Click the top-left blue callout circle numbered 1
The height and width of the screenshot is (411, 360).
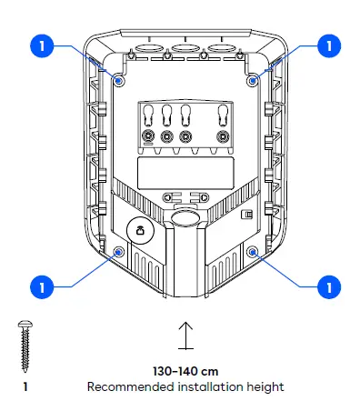click(x=41, y=43)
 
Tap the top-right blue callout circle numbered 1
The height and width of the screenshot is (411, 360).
click(x=328, y=43)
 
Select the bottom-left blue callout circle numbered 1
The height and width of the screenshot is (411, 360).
click(x=41, y=286)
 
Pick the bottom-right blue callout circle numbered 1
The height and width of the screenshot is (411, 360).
click(x=328, y=286)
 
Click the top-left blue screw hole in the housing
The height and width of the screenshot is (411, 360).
click(x=120, y=80)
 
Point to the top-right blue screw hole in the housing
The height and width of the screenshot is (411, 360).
click(x=253, y=80)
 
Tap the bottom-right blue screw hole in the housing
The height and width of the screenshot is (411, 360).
click(x=254, y=251)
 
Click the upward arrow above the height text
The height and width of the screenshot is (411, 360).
click(x=185, y=336)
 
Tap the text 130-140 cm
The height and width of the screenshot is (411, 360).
click(x=185, y=372)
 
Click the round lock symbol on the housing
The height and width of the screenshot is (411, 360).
click(x=139, y=232)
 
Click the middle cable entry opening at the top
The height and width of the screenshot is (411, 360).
click(x=185, y=47)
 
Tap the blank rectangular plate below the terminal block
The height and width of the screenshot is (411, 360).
click(x=185, y=170)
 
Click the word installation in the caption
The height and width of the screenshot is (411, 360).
click(x=207, y=387)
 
